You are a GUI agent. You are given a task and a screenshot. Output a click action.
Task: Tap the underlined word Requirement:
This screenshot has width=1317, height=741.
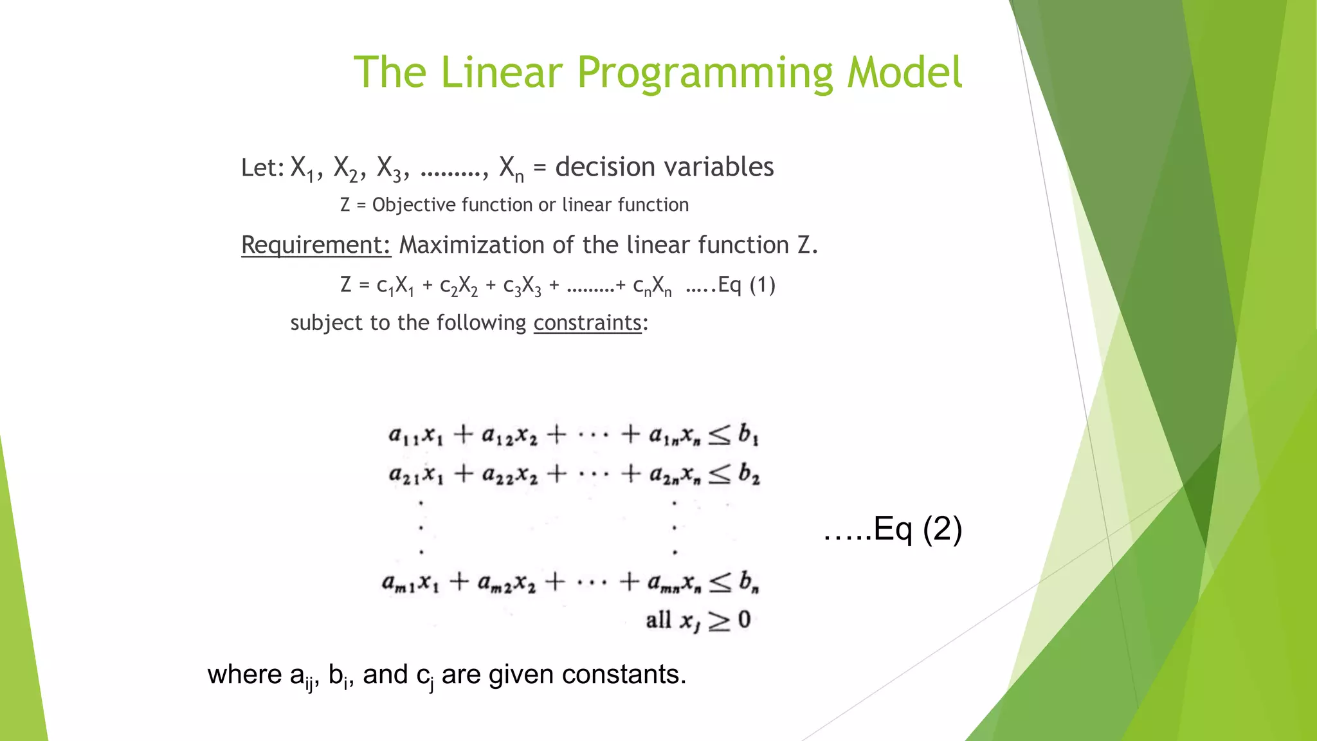[x=316, y=245]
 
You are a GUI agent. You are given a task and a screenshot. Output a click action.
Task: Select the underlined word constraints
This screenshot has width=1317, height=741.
[x=587, y=322]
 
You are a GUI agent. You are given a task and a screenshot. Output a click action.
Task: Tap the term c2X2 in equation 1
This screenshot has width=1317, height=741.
[x=459, y=286]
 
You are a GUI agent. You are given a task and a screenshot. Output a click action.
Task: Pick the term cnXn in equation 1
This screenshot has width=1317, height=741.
[x=652, y=286]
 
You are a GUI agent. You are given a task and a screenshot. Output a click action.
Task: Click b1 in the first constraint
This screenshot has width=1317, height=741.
[x=748, y=435]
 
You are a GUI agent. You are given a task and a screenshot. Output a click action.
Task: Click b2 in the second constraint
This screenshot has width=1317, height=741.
[x=749, y=475]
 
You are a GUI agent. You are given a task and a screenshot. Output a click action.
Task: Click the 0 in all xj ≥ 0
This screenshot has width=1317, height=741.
[x=744, y=620]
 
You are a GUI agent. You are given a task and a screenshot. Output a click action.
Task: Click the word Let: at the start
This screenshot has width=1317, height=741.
[x=262, y=168]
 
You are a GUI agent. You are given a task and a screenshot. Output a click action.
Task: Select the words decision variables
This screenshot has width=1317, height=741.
[x=664, y=167]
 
